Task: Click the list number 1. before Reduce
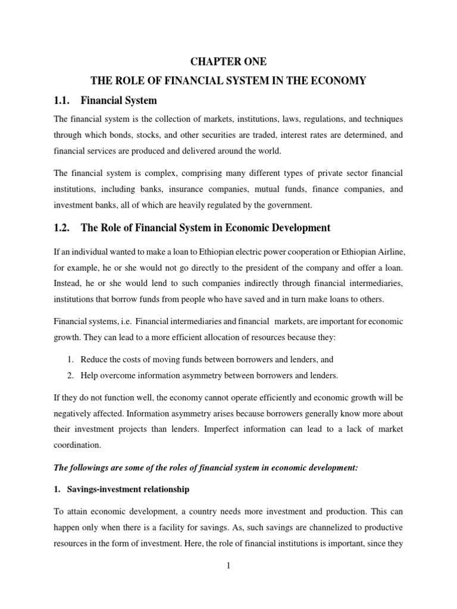[x=70, y=359]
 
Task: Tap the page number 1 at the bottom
[x=228, y=566]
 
